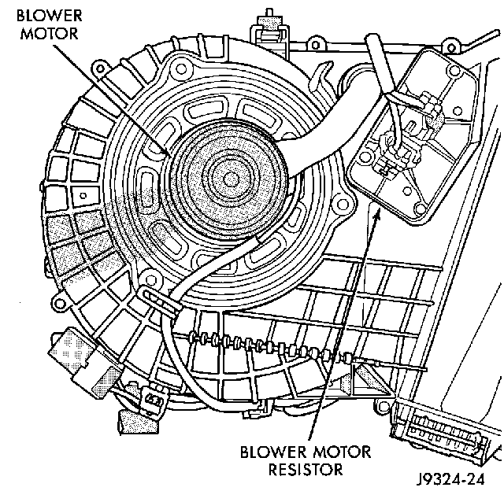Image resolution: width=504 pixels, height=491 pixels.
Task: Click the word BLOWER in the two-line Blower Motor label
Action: point(35,17)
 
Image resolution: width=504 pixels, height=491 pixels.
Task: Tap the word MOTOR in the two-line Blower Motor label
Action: point(31,35)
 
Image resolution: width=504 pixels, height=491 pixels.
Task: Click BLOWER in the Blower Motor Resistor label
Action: point(268,452)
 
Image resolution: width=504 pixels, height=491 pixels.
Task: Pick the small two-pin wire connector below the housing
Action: point(150,402)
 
